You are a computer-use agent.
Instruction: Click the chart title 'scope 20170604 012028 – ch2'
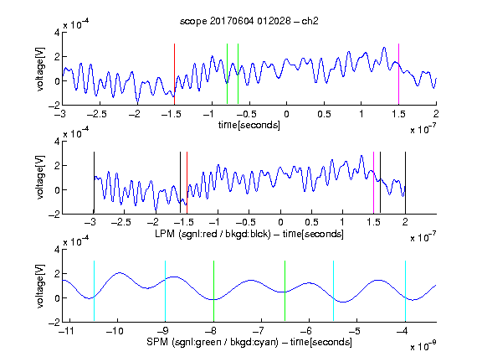(249, 21)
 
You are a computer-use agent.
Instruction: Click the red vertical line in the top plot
(174, 75)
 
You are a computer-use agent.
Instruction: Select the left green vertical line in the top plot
(227, 74)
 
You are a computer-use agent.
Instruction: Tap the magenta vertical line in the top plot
(398, 75)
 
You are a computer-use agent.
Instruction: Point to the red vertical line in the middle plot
(187, 183)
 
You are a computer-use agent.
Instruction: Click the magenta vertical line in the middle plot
(373, 183)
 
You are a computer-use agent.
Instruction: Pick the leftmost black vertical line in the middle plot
(94, 183)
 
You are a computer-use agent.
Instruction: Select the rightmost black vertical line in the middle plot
(405, 183)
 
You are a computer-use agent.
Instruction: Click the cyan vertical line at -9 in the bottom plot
(165, 291)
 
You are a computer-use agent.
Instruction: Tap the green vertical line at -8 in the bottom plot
(213, 291)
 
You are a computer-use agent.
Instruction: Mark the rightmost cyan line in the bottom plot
(405, 291)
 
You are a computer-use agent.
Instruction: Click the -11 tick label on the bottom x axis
(66, 331)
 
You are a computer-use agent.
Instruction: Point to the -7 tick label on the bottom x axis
(259, 331)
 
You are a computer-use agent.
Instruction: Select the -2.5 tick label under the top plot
(97, 114)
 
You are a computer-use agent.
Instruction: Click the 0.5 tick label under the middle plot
(311, 222)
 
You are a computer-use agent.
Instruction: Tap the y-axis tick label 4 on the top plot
(57, 33)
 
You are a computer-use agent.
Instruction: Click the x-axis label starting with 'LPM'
(249, 234)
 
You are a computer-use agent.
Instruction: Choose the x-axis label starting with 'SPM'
(249, 342)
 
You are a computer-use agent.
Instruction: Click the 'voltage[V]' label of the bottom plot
(40, 286)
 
